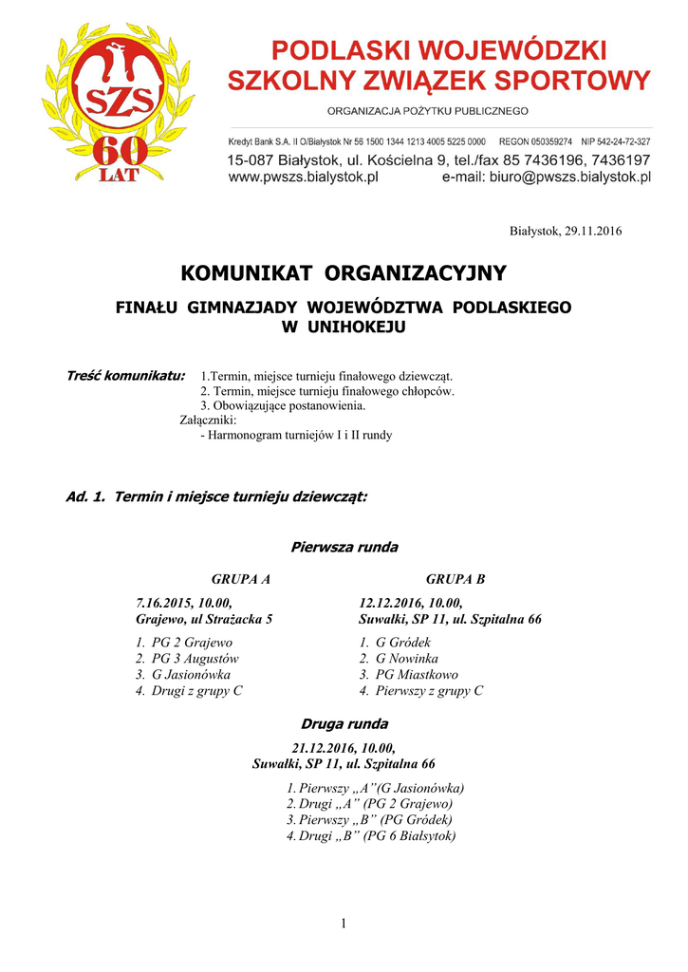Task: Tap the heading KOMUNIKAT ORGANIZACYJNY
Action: click(x=344, y=274)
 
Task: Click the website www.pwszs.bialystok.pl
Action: click(x=304, y=177)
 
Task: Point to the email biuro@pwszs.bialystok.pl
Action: click(x=570, y=177)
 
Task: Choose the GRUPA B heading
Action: click(x=456, y=579)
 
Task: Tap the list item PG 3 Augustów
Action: click(x=195, y=659)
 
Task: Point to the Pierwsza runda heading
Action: click(x=344, y=548)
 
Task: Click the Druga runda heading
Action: click(x=344, y=724)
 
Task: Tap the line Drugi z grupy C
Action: click(x=196, y=691)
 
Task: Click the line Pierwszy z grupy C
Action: click(x=429, y=691)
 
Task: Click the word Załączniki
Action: click(x=208, y=420)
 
